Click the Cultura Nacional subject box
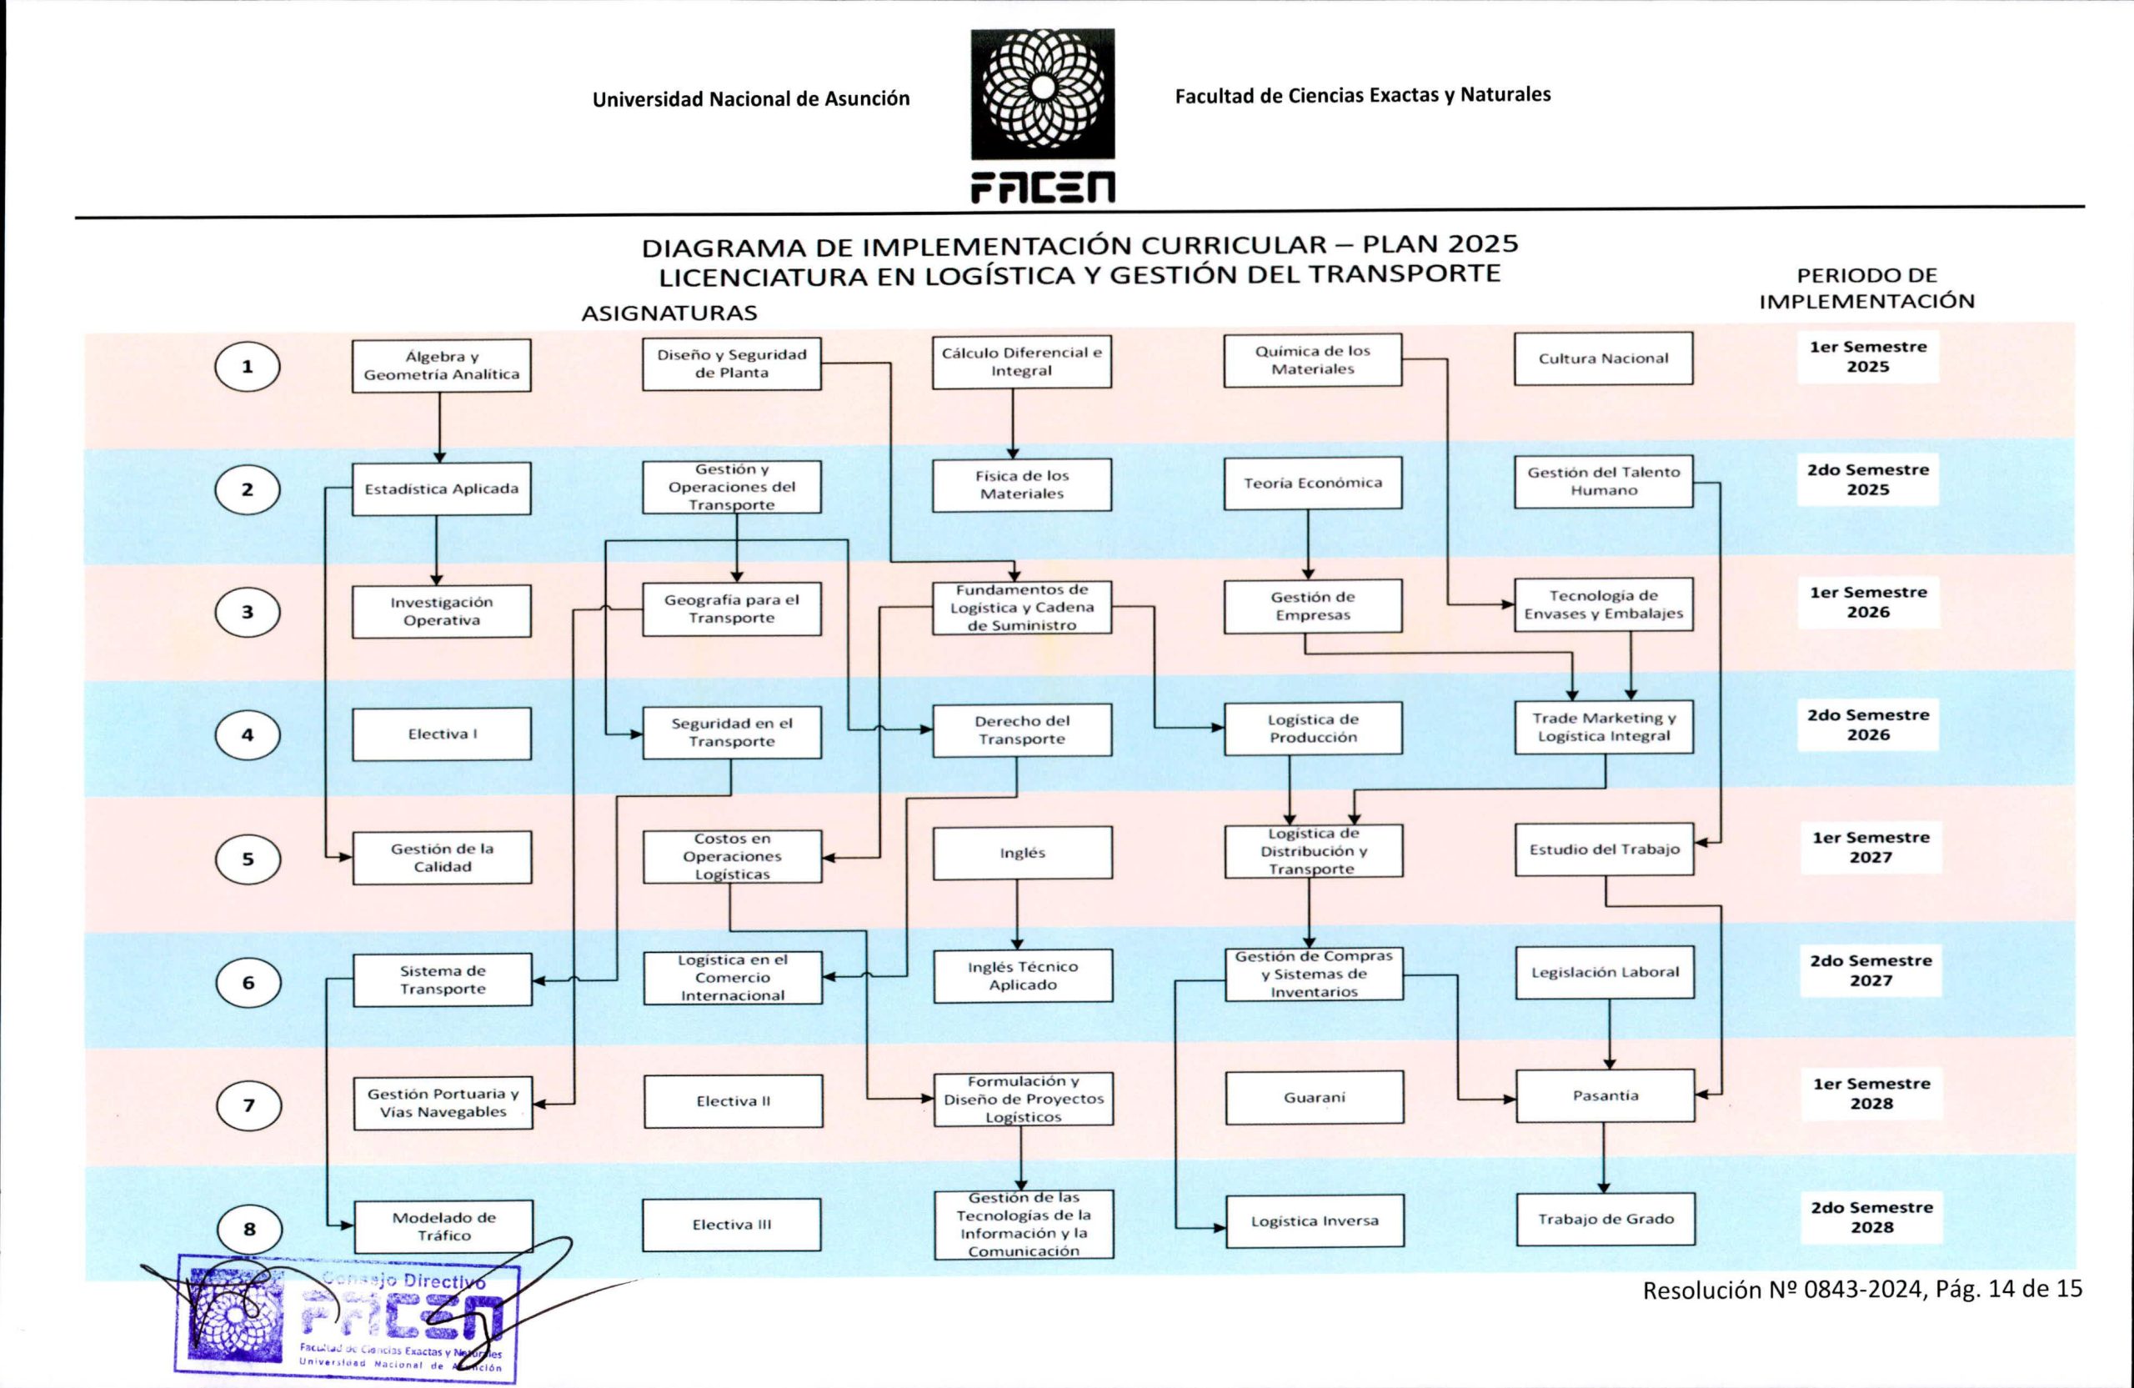[x=1603, y=358]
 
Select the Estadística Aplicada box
[x=441, y=489]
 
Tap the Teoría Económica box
[x=1313, y=484]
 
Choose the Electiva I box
[x=442, y=734]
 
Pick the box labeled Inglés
[x=1022, y=853]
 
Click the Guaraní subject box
[x=1315, y=1098]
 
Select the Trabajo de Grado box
[x=1606, y=1220]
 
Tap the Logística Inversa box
[x=1315, y=1221]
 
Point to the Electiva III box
[x=732, y=1225]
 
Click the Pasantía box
[x=1605, y=1095]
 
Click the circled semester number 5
[x=248, y=859]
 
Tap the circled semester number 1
[x=248, y=367]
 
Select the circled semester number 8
[x=250, y=1230]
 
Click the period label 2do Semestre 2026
[x=1868, y=724]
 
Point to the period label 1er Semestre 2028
[x=1871, y=1093]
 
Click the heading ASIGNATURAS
[x=669, y=313]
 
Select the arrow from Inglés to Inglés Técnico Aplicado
[x=1017, y=914]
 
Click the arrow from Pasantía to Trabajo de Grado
[x=1604, y=1158]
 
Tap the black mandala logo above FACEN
[x=1043, y=93]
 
